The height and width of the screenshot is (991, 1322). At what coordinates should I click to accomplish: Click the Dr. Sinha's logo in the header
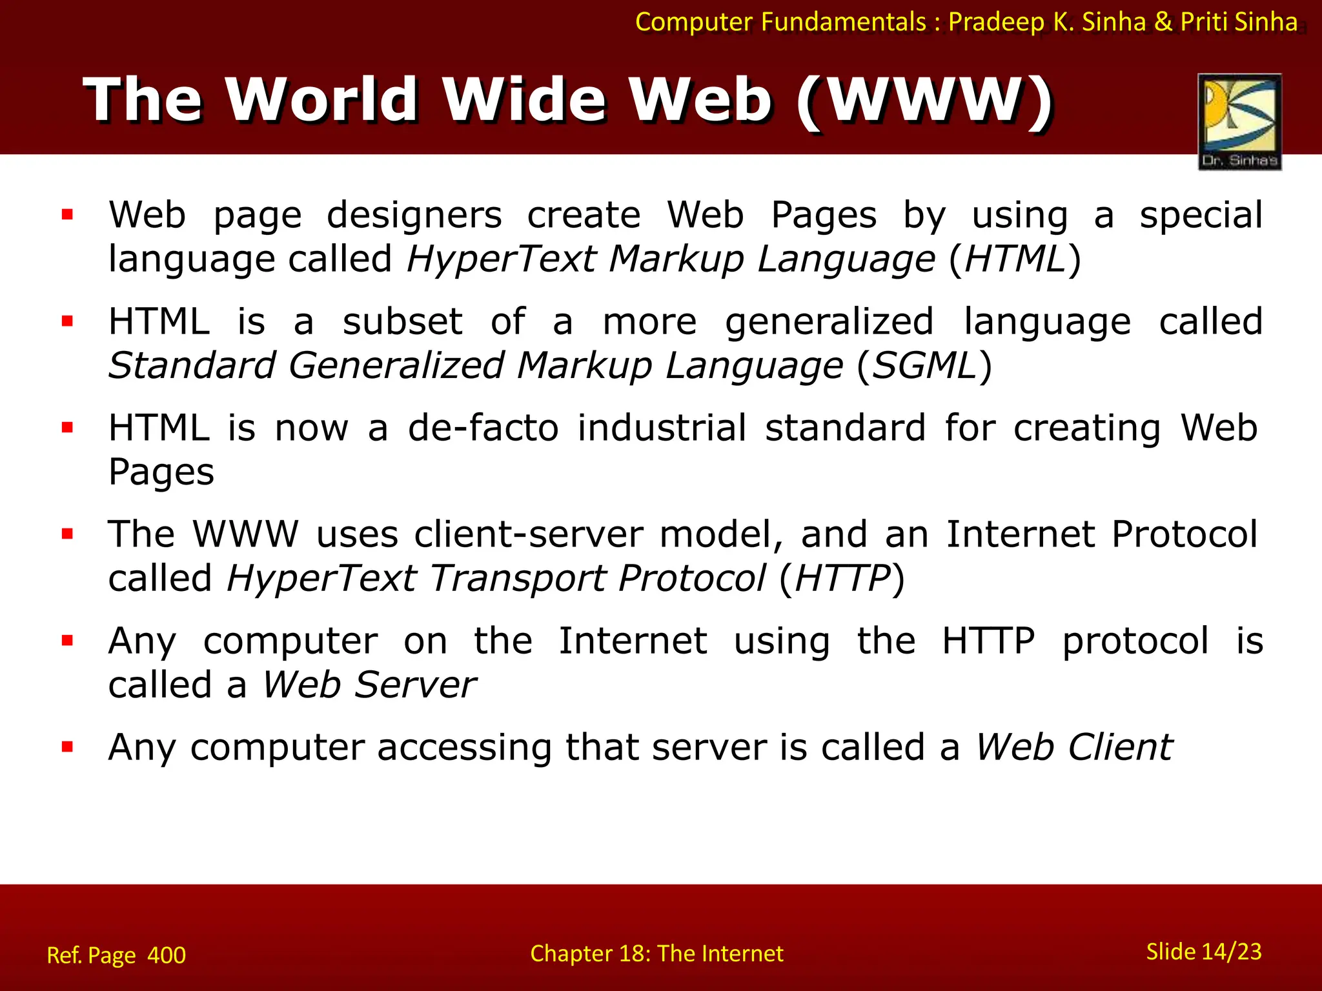tap(1239, 121)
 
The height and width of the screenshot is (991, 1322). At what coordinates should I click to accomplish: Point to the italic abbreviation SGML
tap(924, 366)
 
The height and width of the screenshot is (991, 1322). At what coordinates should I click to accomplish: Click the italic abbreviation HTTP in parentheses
tap(842, 578)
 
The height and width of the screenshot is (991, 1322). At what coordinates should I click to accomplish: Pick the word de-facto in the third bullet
tap(483, 428)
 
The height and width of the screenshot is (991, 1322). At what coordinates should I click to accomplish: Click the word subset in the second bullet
tap(402, 321)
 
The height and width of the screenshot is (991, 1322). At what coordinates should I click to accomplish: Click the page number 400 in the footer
tap(167, 955)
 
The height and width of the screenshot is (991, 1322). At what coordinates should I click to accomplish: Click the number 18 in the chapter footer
tap(633, 954)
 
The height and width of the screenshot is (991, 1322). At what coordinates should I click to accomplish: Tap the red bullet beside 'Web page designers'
tap(67, 215)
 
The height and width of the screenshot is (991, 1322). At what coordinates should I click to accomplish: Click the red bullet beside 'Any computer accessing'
tap(67, 747)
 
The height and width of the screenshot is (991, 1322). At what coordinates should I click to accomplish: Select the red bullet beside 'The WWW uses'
tap(67, 534)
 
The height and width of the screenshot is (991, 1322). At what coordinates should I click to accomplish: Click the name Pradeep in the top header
tap(996, 22)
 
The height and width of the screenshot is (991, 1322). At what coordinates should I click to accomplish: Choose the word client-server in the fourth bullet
tap(529, 534)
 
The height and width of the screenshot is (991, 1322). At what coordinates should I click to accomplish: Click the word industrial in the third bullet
tap(662, 428)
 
